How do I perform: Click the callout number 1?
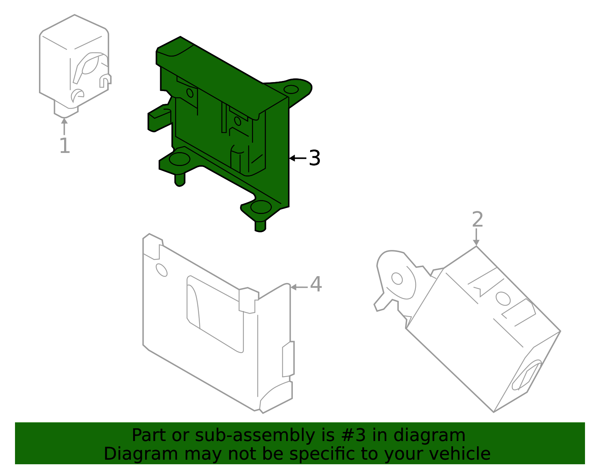tap(64, 146)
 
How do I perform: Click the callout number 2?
tap(477, 220)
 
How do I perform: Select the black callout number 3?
tap(314, 158)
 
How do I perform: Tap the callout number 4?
tap(316, 284)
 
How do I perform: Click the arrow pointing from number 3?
tap(297, 158)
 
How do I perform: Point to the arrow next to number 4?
tap(299, 287)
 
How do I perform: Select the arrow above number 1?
tap(64, 126)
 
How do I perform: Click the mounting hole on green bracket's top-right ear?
tap(291, 90)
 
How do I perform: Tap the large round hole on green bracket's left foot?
tap(179, 159)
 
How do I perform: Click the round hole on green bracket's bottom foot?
tap(261, 207)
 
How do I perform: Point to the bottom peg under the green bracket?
tap(260, 226)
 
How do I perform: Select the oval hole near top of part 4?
tap(162, 270)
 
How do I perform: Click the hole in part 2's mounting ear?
tap(397, 278)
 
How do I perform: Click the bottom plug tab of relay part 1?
tap(66, 111)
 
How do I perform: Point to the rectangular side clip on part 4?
tap(288, 359)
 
